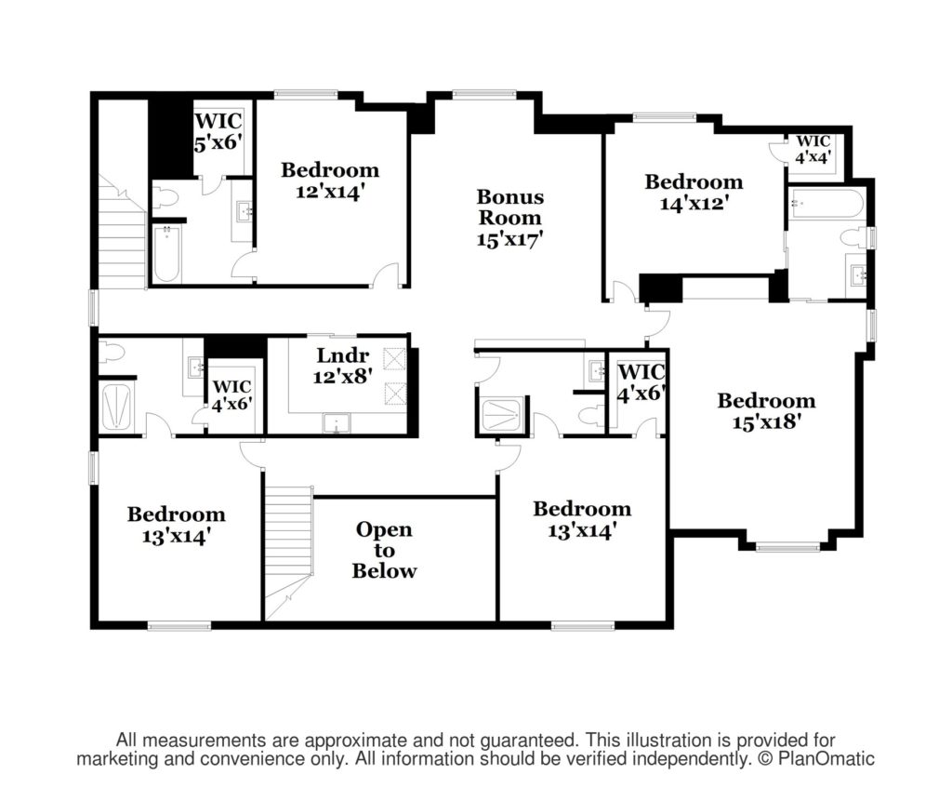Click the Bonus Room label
(x=510, y=218)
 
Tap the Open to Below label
(x=384, y=550)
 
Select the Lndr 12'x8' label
(x=342, y=365)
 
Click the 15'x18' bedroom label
(x=766, y=410)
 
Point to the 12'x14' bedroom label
(x=330, y=180)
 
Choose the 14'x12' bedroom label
(x=694, y=192)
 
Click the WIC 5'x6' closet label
(x=218, y=131)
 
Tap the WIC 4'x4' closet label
(x=813, y=149)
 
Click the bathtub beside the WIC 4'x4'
(x=826, y=203)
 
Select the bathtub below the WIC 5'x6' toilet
(x=166, y=254)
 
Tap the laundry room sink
(x=337, y=423)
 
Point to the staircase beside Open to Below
(x=289, y=552)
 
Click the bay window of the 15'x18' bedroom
(x=787, y=547)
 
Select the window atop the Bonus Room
(x=483, y=94)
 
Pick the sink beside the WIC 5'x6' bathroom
(x=245, y=212)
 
